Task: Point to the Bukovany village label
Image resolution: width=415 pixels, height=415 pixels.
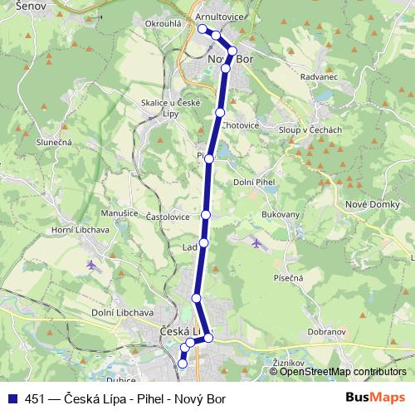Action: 281,213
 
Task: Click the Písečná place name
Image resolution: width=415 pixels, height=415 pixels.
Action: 285,278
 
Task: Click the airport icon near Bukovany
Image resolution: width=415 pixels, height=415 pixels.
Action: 256,242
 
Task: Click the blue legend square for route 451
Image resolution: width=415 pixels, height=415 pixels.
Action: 13,398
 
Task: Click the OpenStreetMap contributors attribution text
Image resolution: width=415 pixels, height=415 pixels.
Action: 343,371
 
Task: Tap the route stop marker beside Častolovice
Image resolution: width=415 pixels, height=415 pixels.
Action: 206,214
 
